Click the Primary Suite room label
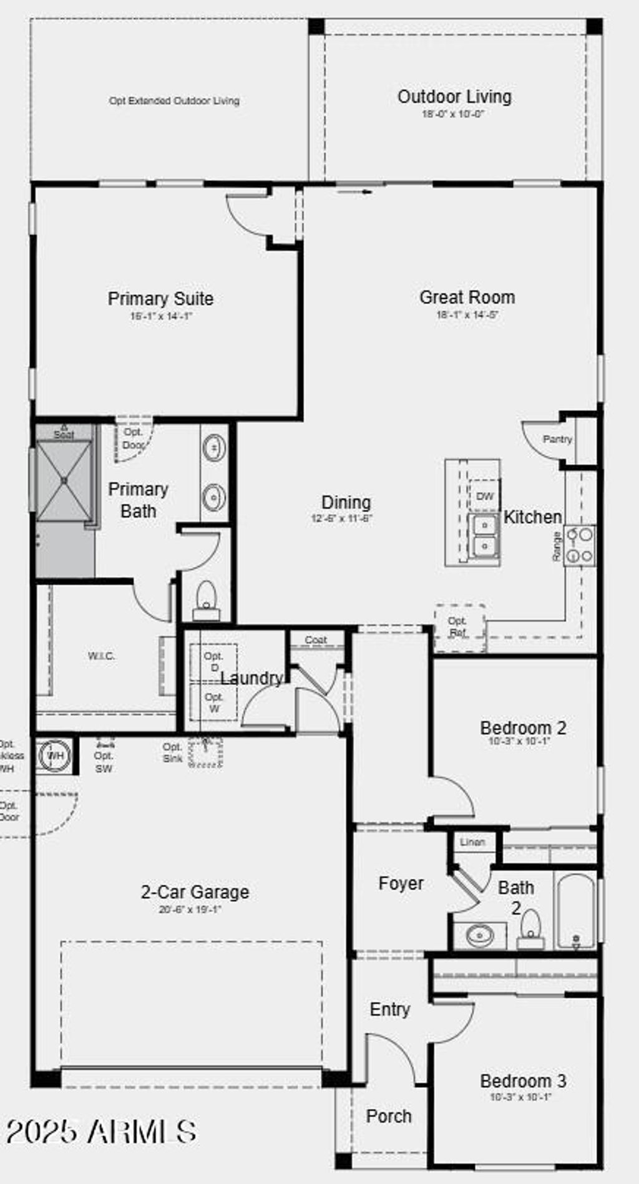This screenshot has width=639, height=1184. (160, 299)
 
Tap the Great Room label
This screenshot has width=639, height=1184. (467, 298)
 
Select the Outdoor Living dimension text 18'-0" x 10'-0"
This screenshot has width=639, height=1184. (453, 114)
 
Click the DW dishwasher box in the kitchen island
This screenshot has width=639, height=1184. (484, 496)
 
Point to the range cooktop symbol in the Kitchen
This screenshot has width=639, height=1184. (580, 545)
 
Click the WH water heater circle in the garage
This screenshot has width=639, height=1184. (56, 756)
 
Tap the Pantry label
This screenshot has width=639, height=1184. (557, 439)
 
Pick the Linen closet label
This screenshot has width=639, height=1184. (472, 842)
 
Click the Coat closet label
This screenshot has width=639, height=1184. (316, 640)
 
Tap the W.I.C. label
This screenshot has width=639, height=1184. (102, 656)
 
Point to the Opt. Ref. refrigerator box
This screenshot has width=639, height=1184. (459, 627)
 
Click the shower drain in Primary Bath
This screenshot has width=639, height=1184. (64, 480)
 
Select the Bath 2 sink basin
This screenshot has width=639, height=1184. (479, 935)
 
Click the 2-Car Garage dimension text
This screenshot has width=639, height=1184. (190, 910)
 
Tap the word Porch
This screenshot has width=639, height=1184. (389, 1116)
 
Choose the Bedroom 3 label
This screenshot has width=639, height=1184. (523, 1081)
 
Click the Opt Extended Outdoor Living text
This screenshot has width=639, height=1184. (174, 100)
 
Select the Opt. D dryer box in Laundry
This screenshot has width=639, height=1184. (213, 662)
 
